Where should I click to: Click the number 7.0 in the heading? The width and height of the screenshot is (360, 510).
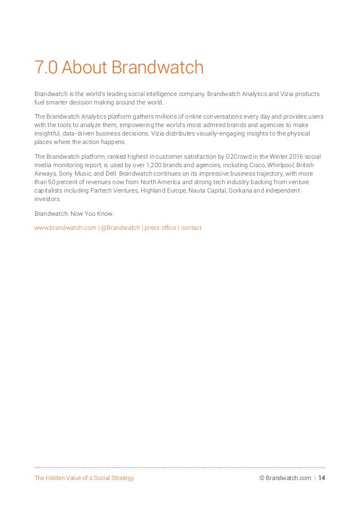coord(46,68)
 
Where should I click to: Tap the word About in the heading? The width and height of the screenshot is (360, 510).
coord(84,68)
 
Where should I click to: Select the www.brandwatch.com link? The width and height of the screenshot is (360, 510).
coord(65,228)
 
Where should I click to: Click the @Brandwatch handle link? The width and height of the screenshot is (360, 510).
coord(121,228)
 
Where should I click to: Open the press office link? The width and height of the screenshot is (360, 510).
coord(160,228)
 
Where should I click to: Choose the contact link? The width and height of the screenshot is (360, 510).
coord(191,228)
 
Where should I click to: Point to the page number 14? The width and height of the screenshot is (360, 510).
coord(321,478)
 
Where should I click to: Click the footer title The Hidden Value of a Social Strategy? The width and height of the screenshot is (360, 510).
coord(84,478)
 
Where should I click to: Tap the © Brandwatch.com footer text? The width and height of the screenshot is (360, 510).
coord(285,478)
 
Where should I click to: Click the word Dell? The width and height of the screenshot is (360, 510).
coord(110,174)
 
